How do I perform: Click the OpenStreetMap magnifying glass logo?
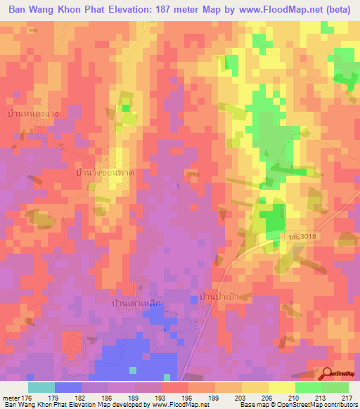pyautogui.click(x=328, y=372)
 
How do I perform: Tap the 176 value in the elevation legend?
pyautogui.click(x=27, y=397)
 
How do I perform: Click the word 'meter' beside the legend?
pyautogui.click(x=11, y=397)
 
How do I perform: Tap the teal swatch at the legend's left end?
pyautogui.click(x=41, y=387)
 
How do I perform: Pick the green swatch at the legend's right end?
pyautogui.click(x=335, y=387)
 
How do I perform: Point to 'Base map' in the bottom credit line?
pyautogui.click(x=252, y=405)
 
